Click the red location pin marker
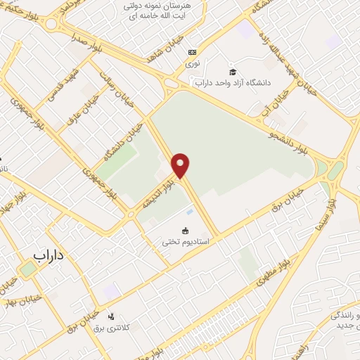pos(181,165)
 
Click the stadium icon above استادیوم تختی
pos(185,230)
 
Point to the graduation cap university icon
pos(233,72)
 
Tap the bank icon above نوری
pos(191,52)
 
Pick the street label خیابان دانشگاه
pos(124,140)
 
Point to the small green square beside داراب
pos(27,269)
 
